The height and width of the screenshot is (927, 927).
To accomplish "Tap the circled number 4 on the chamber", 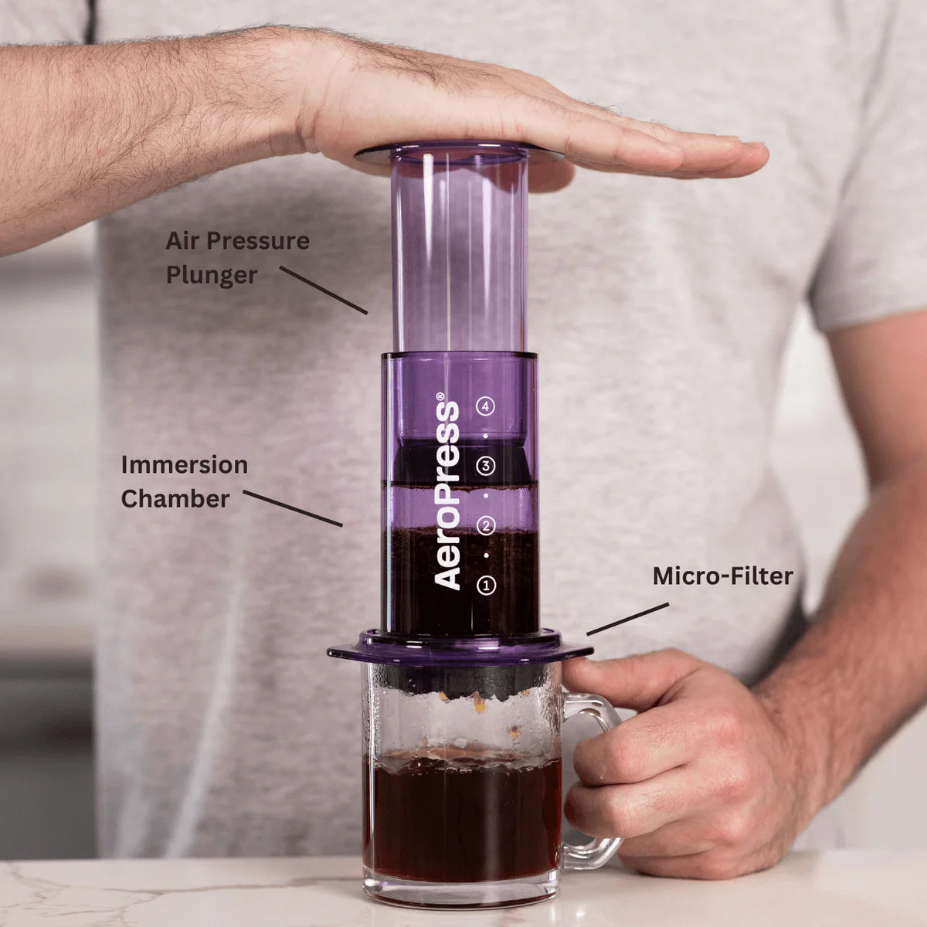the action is pyautogui.click(x=485, y=406).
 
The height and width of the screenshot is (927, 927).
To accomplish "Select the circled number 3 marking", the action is pyautogui.click(x=485, y=466).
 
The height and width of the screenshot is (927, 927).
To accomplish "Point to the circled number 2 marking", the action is pyautogui.click(x=485, y=526).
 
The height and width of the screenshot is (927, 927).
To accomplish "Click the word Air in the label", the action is pyautogui.click(x=182, y=241).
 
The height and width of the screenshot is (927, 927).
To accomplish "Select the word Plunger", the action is pyautogui.click(x=212, y=276).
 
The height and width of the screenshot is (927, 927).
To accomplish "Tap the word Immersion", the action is pyautogui.click(x=185, y=465).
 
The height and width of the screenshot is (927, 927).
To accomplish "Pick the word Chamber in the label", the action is pyautogui.click(x=175, y=498).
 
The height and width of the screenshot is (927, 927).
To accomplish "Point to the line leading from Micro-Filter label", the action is pyautogui.click(x=628, y=619).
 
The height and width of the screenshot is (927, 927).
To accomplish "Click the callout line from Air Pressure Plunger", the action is pyautogui.click(x=324, y=290).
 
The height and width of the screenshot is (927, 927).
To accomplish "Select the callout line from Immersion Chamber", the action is pyautogui.click(x=293, y=508).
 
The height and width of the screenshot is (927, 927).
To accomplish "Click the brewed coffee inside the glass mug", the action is pyautogui.click(x=462, y=818).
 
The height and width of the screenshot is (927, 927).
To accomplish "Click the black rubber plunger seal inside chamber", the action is pyautogui.click(x=460, y=460).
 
